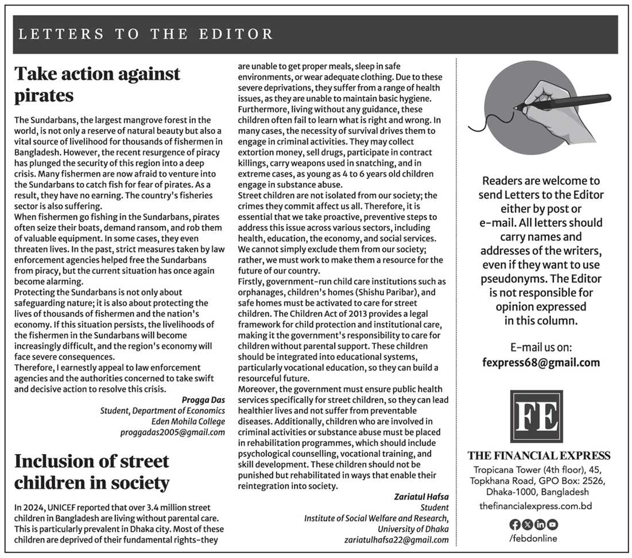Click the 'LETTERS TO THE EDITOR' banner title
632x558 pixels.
point(146,34)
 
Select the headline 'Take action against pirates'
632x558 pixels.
point(97,84)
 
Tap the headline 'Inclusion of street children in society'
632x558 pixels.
point(92,471)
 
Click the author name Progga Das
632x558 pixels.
point(203,400)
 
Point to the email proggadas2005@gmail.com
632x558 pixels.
point(172,432)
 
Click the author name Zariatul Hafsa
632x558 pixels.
point(421,497)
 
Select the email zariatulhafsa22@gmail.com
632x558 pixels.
point(397,540)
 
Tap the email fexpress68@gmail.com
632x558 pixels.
point(541,362)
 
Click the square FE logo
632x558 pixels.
point(536,416)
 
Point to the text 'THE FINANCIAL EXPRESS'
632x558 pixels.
point(539,456)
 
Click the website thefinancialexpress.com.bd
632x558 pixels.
point(536,506)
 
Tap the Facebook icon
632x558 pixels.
point(514,524)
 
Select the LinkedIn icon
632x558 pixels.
point(540,524)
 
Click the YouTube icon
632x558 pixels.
point(552,524)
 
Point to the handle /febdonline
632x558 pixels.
point(533,538)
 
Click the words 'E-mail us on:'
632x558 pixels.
point(541,348)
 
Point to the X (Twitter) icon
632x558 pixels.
point(527,524)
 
